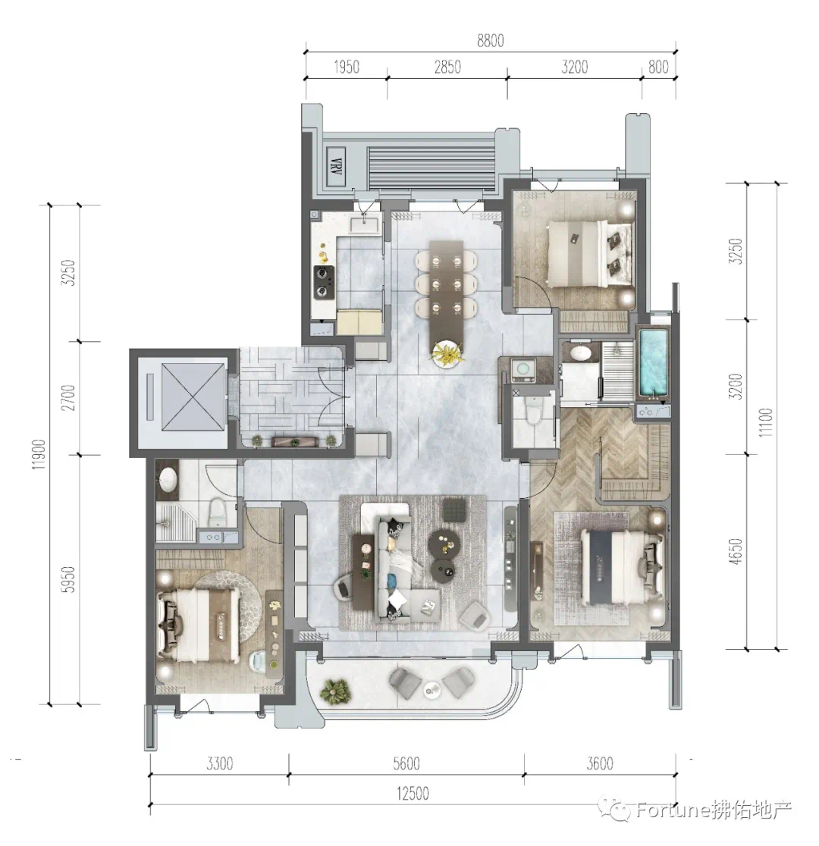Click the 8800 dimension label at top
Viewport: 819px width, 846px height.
point(490,40)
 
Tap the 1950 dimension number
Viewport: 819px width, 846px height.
point(347,67)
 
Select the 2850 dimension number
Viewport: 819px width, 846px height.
point(447,67)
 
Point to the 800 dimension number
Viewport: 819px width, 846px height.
point(658,67)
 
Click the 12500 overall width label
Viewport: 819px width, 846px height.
point(413,794)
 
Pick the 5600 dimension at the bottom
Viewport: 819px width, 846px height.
point(406,763)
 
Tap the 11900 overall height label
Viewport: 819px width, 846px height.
point(39,454)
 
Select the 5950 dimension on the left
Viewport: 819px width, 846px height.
point(68,579)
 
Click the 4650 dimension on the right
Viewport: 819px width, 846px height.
point(736,551)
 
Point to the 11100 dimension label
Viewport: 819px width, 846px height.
point(766,422)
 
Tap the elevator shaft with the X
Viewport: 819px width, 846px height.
point(193,397)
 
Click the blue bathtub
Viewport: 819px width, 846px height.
point(653,362)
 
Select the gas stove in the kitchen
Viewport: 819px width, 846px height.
point(323,282)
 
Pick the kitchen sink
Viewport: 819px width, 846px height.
point(366,224)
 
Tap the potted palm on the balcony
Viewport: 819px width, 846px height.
point(336,691)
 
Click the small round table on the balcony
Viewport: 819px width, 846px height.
point(432,690)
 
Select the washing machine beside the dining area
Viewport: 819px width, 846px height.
point(522,369)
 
